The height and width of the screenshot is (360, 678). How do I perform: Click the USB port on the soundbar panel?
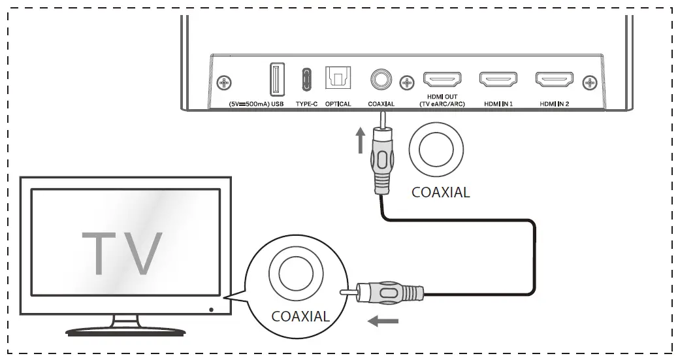[x=275, y=81]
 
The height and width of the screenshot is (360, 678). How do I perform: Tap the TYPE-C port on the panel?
[x=306, y=81]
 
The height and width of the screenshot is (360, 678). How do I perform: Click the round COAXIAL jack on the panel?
[x=381, y=80]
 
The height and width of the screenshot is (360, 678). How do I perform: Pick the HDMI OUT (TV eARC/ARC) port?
[x=442, y=80]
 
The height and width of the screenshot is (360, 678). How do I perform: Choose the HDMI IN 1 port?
[x=498, y=80]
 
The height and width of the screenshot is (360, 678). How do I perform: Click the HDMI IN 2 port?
[x=554, y=80]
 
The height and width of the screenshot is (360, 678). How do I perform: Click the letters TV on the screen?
[x=122, y=254]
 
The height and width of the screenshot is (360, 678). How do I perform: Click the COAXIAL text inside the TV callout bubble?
[x=300, y=317]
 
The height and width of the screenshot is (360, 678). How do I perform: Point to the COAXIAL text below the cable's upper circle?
[x=440, y=193]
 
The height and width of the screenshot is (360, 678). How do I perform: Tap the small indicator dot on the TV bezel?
[x=211, y=308]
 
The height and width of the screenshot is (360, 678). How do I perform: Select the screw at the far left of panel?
[x=224, y=83]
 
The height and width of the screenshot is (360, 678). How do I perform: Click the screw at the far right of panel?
[x=591, y=83]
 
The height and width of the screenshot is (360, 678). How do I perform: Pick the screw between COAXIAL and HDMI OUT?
[x=408, y=83]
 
